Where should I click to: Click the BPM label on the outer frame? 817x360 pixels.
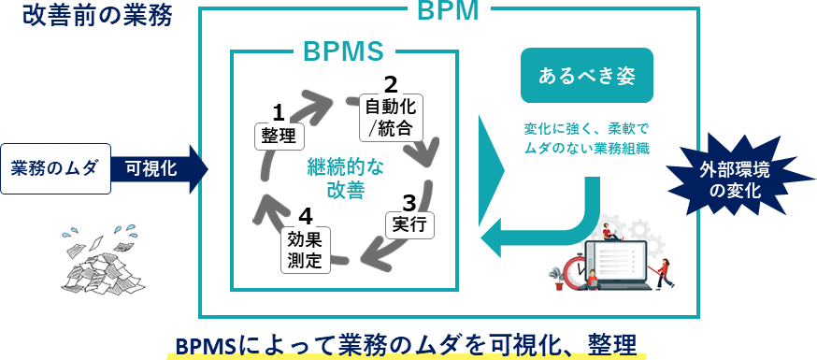coord(447,11)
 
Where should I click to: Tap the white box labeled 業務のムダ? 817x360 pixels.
coord(55,168)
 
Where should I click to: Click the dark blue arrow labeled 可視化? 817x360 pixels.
coord(154,168)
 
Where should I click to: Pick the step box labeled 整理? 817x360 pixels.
coord(278,135)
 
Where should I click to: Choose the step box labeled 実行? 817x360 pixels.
coord(409,224)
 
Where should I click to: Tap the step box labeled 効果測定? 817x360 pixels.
coord(305,250)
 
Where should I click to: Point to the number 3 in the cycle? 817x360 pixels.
coord(408,201)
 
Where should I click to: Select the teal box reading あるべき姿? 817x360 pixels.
coord(586,76)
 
